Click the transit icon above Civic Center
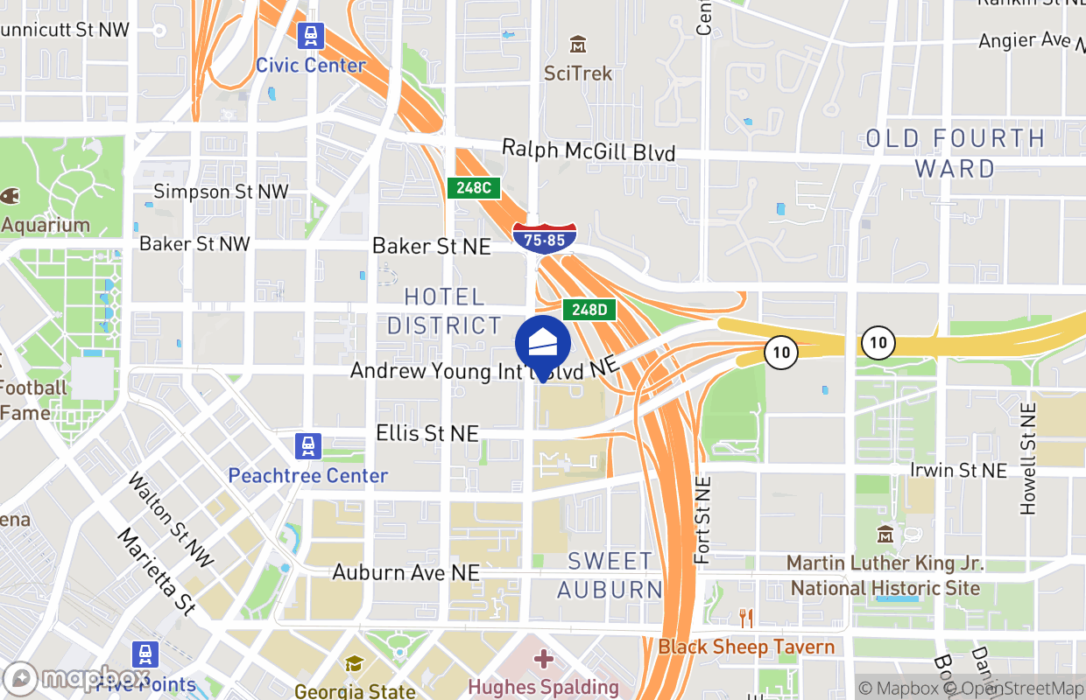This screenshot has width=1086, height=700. point(310,36)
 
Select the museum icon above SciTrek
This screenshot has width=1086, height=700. point(578,44)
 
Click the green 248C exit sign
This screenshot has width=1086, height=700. point(474,187)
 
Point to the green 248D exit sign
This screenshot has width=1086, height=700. point(589,309)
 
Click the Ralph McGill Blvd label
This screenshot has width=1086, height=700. point(589,151)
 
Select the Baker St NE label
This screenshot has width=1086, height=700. point(432,246)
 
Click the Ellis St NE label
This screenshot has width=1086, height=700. point(427,433)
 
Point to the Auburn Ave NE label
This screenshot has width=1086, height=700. point(406,572)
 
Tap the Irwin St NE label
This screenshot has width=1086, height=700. point(958,471)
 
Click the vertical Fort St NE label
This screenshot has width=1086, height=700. point(702,520)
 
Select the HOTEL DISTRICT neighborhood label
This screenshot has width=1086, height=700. point(444,311)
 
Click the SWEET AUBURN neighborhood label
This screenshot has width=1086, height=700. point(610,575)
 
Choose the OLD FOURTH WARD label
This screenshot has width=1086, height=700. point(956,153)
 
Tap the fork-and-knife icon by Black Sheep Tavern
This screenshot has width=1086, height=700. point(746,619)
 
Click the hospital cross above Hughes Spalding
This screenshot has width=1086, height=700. point(544,658)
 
